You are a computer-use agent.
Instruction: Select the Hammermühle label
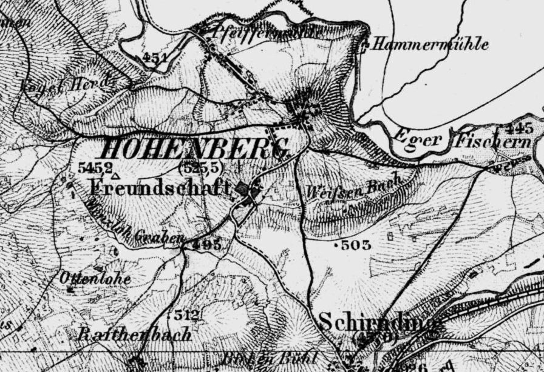pos(430,44)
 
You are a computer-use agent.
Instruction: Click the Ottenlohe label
pos(95,278)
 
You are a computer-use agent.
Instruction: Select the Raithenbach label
pos(135,334)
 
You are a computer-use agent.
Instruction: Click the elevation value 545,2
pos(95,168)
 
